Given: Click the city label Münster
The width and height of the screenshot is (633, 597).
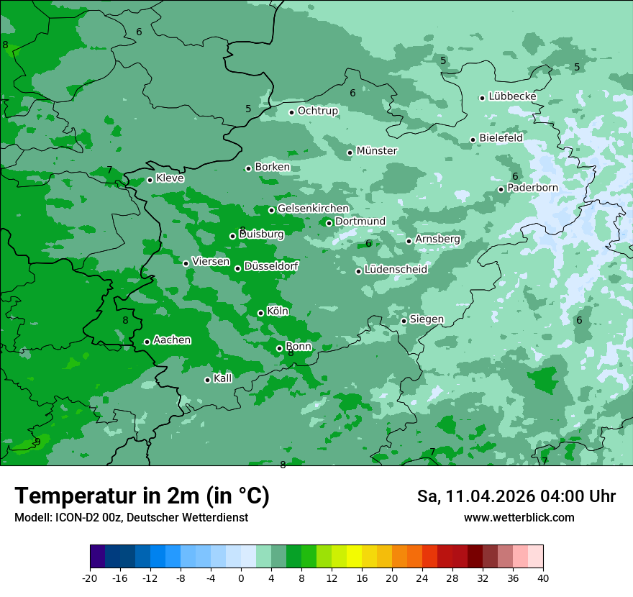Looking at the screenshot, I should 376,151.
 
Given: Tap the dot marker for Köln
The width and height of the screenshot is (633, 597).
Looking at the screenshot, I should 260,313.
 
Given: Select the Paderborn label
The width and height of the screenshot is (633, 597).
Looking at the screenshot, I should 532,188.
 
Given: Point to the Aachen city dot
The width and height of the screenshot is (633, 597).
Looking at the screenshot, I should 147,342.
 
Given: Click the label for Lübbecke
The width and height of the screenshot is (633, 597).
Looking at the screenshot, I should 512,96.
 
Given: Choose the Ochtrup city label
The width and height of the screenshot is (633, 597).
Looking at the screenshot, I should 317,111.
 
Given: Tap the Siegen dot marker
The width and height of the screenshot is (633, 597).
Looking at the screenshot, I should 404,321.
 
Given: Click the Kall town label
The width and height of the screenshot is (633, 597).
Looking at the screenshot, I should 222,378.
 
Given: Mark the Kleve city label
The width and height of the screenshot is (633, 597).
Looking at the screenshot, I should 170,178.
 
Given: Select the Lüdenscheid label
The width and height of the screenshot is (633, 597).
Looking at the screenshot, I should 396,270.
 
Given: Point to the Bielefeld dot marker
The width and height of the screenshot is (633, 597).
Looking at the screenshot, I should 473,140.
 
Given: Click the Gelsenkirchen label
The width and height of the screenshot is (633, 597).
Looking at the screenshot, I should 313,209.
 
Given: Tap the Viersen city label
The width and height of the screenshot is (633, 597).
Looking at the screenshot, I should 210,262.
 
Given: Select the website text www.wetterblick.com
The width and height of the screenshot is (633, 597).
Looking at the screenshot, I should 519,517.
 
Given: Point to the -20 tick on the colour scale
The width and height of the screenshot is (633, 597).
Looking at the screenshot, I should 90,578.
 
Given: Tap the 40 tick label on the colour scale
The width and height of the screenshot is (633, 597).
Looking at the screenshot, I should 542,578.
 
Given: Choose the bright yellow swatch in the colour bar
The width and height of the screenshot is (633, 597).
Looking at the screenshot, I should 354,557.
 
